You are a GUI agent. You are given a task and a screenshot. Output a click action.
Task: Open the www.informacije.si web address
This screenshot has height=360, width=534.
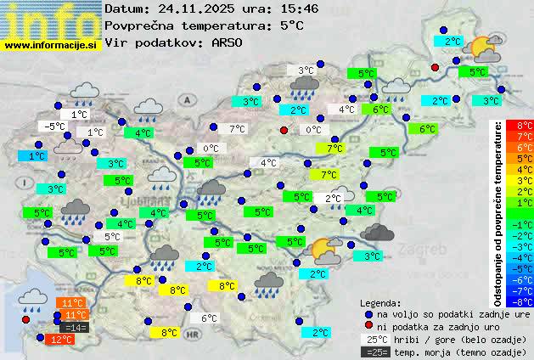(x=51, y=44)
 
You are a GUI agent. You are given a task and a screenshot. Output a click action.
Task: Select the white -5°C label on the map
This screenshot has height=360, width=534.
(x=55, y=127)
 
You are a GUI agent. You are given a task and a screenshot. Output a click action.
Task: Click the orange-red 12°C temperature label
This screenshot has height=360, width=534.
(x=60, y=340)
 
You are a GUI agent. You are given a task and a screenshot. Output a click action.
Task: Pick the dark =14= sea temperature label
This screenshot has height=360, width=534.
(x=74, y=328)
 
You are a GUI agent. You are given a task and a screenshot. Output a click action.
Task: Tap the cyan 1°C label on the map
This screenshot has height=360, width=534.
(x=36, y=156)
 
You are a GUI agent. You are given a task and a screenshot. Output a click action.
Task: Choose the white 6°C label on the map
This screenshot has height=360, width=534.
(x=208, y=318)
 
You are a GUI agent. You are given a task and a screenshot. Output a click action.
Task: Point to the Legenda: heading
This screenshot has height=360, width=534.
(x=381, y=302)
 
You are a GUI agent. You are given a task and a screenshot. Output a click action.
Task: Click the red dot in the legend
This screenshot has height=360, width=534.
(x=368, y=326)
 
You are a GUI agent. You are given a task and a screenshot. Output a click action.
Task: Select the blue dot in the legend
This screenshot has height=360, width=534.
(x=368, y=313)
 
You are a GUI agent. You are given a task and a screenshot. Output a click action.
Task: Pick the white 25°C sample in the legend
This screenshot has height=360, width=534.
(x=374, y=339)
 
